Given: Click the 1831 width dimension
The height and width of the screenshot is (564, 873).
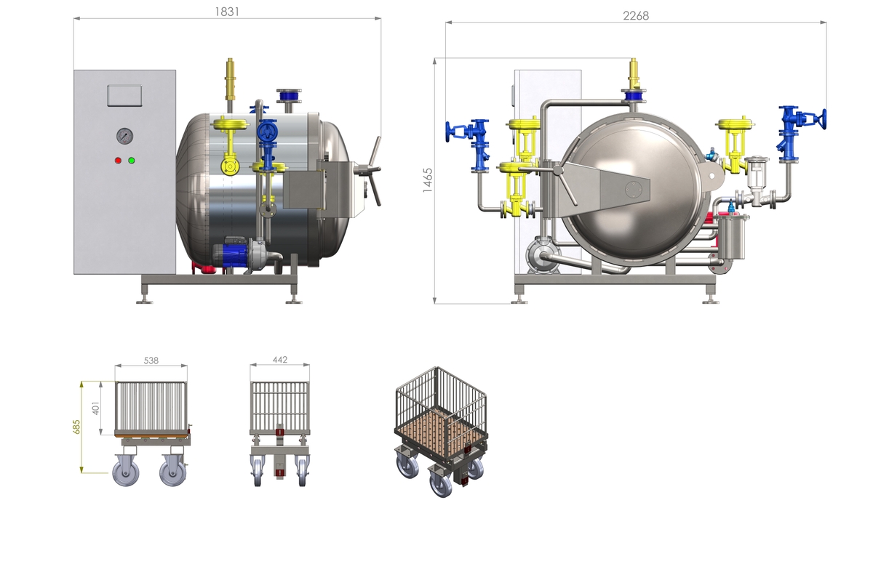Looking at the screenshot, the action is [227, 12].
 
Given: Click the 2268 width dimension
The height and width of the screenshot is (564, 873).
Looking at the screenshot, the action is [636, 15].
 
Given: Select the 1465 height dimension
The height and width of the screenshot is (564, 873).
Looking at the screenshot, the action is [428, 180].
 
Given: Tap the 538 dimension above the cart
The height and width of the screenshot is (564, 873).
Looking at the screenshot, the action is [151, 360].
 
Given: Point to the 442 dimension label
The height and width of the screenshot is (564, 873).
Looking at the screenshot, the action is [280, 360].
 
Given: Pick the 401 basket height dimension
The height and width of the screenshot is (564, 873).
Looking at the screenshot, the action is [95, 408].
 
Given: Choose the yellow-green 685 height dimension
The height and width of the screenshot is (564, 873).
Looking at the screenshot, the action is [76, 427].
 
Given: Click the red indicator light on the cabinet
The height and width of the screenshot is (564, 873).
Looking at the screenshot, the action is [118, 161].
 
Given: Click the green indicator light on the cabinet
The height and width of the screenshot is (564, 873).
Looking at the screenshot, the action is [132, 161].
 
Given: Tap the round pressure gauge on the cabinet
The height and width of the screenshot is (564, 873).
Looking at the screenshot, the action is [124, 136].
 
